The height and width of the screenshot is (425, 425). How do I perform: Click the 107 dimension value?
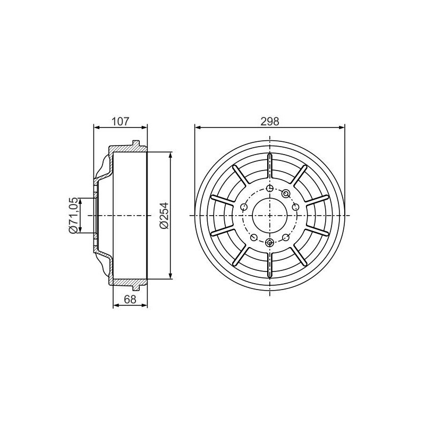click(x=121, y=122)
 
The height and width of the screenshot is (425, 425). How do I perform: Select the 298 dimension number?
click(x=270, y=122)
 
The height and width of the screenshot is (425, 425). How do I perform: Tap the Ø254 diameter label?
click(x=164, y=216)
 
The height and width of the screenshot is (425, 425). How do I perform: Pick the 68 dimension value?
click(x=130, y=300)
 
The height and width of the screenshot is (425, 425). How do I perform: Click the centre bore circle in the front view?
click(x=270, y=216)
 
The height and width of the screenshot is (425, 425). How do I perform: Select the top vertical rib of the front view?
click(x=270, y=166)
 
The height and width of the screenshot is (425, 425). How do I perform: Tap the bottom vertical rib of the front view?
click(x=270, y=265)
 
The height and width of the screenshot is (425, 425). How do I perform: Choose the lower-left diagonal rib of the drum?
click(x=240, y=256)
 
